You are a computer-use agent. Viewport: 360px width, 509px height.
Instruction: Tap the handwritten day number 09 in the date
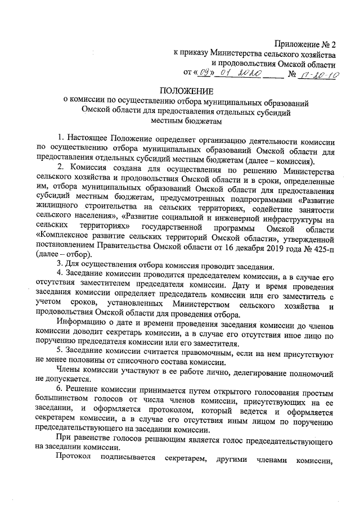point(206,73)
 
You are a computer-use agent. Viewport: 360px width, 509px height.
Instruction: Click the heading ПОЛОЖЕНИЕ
point(186,92)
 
